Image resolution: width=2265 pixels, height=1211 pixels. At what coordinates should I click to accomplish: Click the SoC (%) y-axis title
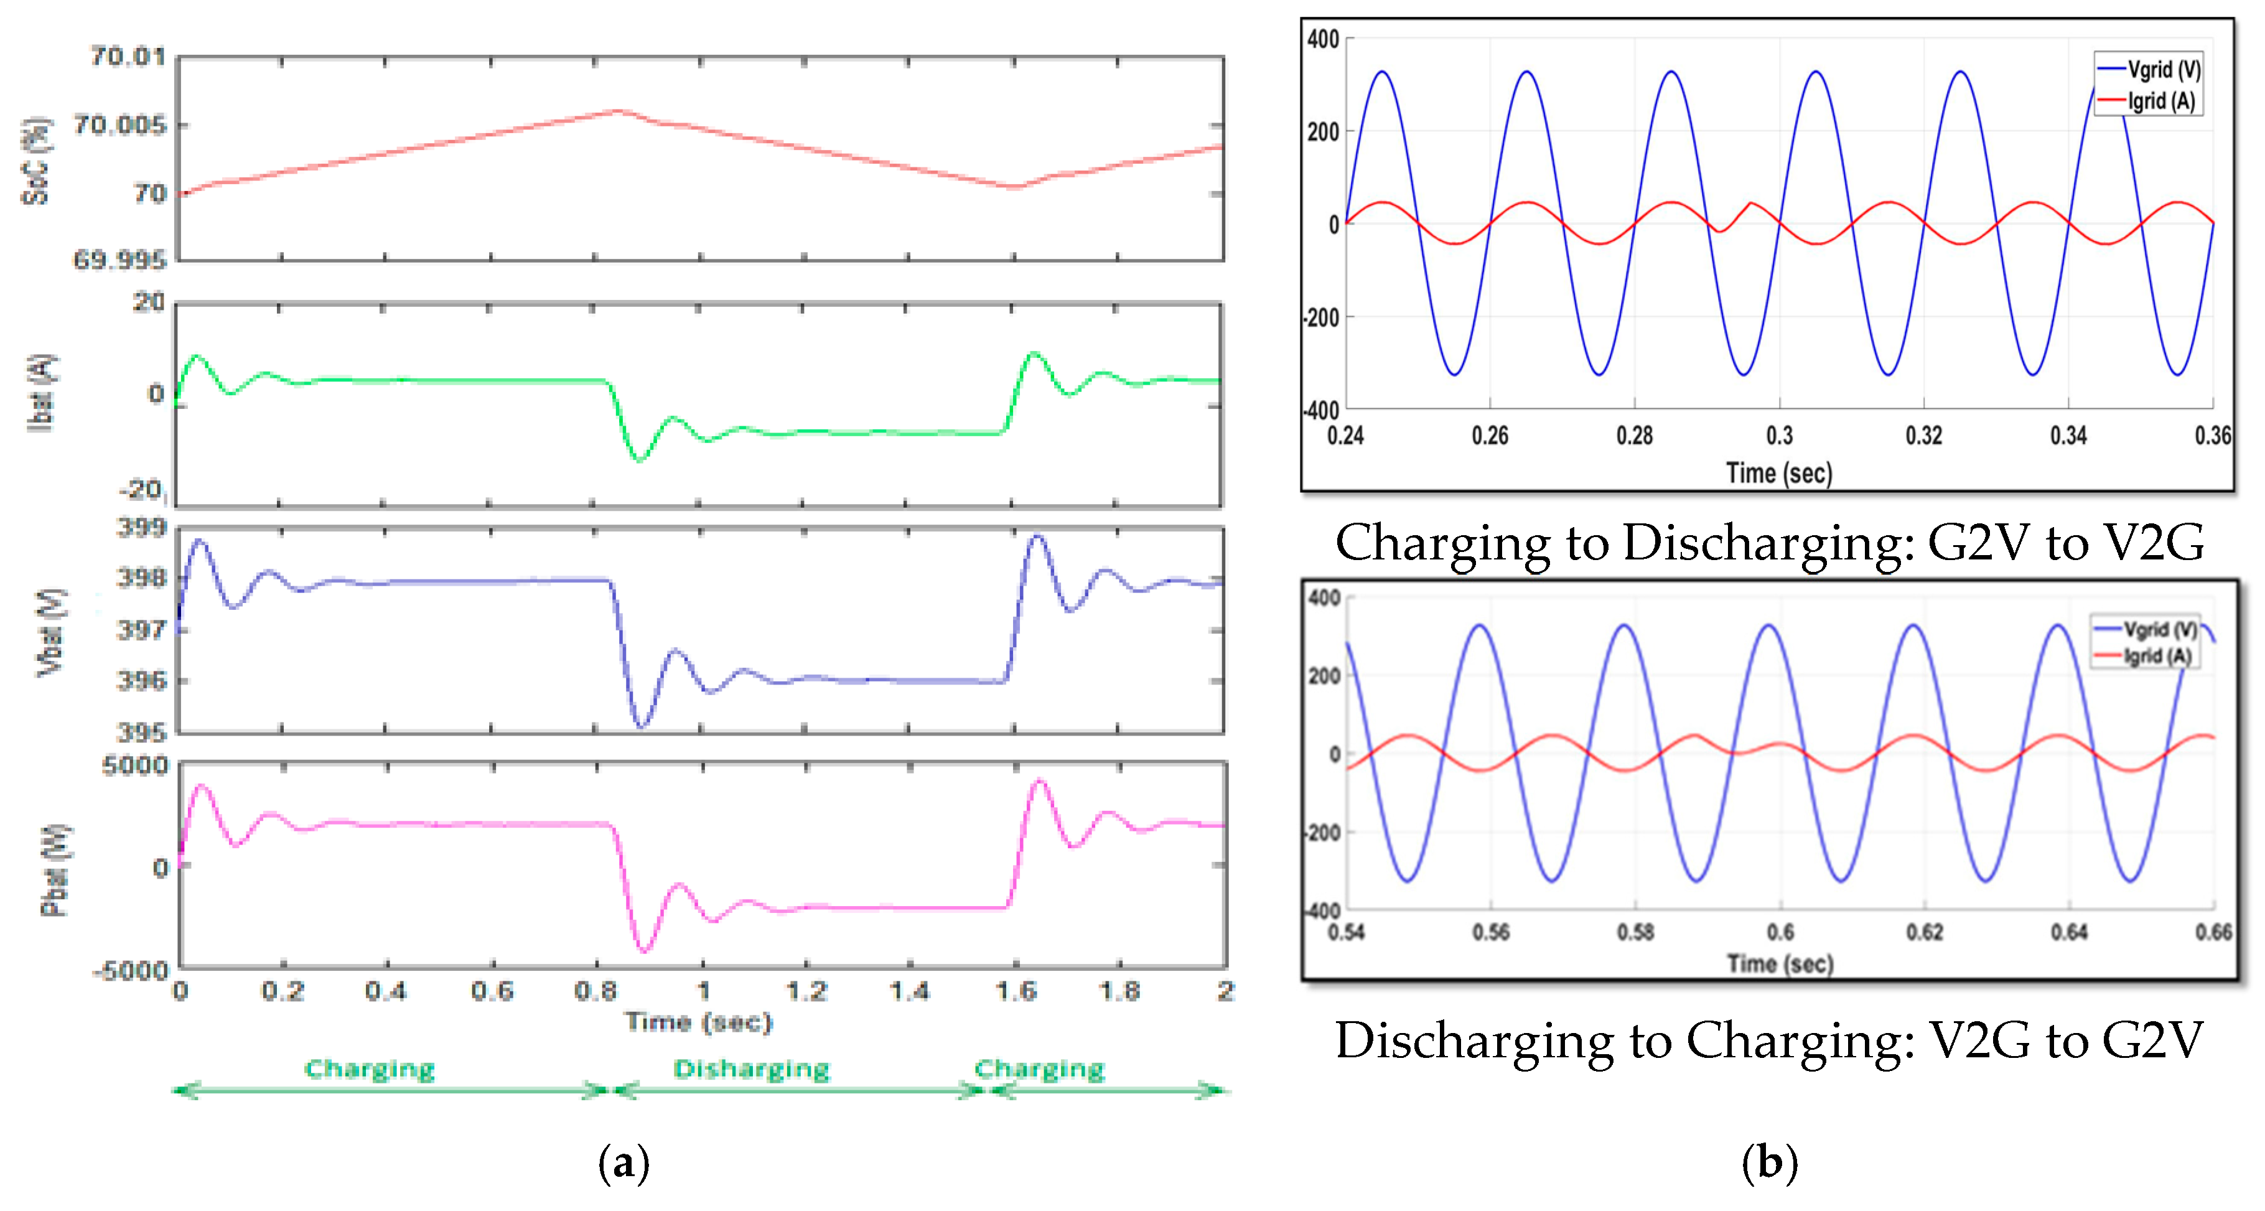[35, 162]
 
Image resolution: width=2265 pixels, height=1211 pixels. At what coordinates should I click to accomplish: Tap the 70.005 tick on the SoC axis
[119, 125]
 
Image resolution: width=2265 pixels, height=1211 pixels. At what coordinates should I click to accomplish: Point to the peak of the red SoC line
[618, 111]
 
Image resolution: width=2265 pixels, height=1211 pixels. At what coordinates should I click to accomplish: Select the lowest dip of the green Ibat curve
[639, 460]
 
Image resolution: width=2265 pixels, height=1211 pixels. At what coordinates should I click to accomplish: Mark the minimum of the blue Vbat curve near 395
[641, 726]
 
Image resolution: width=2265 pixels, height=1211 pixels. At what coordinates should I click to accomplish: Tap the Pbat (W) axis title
[55, 871]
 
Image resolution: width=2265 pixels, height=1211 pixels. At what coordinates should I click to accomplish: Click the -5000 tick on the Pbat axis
[132, 971]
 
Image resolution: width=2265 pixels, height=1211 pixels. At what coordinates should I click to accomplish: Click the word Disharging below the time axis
[752, 1069]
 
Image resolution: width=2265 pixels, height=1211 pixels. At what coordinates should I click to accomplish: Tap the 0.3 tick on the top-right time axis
[1780, 436]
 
